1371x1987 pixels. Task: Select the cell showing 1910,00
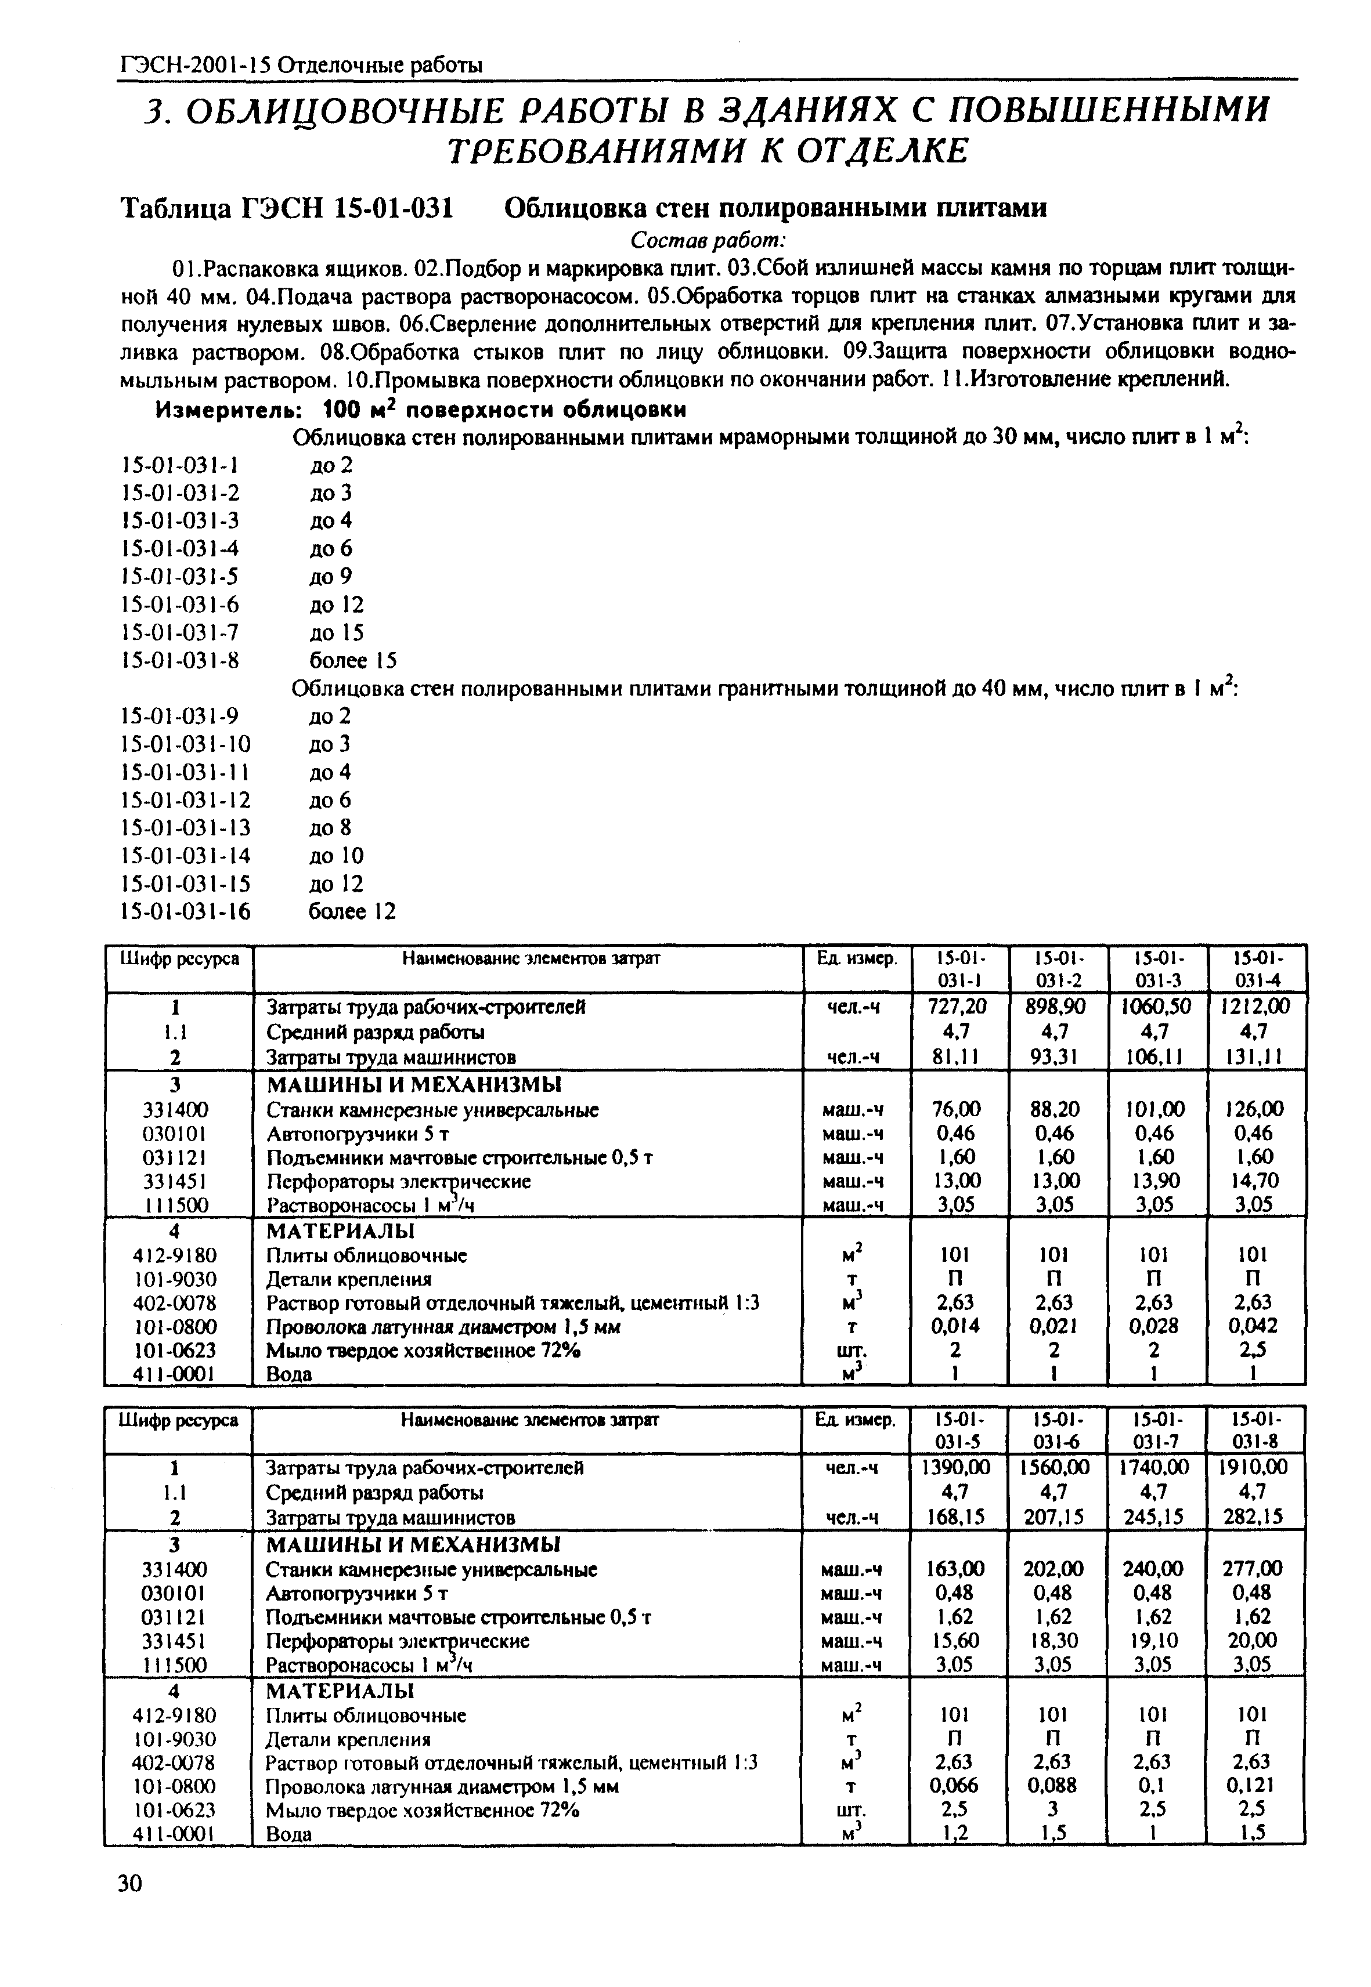[1257, 1468]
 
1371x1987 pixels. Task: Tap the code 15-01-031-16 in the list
[186, 911]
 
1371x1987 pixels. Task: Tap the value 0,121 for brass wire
[1257, 1785]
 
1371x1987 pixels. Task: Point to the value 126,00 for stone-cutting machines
[1257, 1109]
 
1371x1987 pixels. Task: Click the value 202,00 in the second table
[1058, 1569]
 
